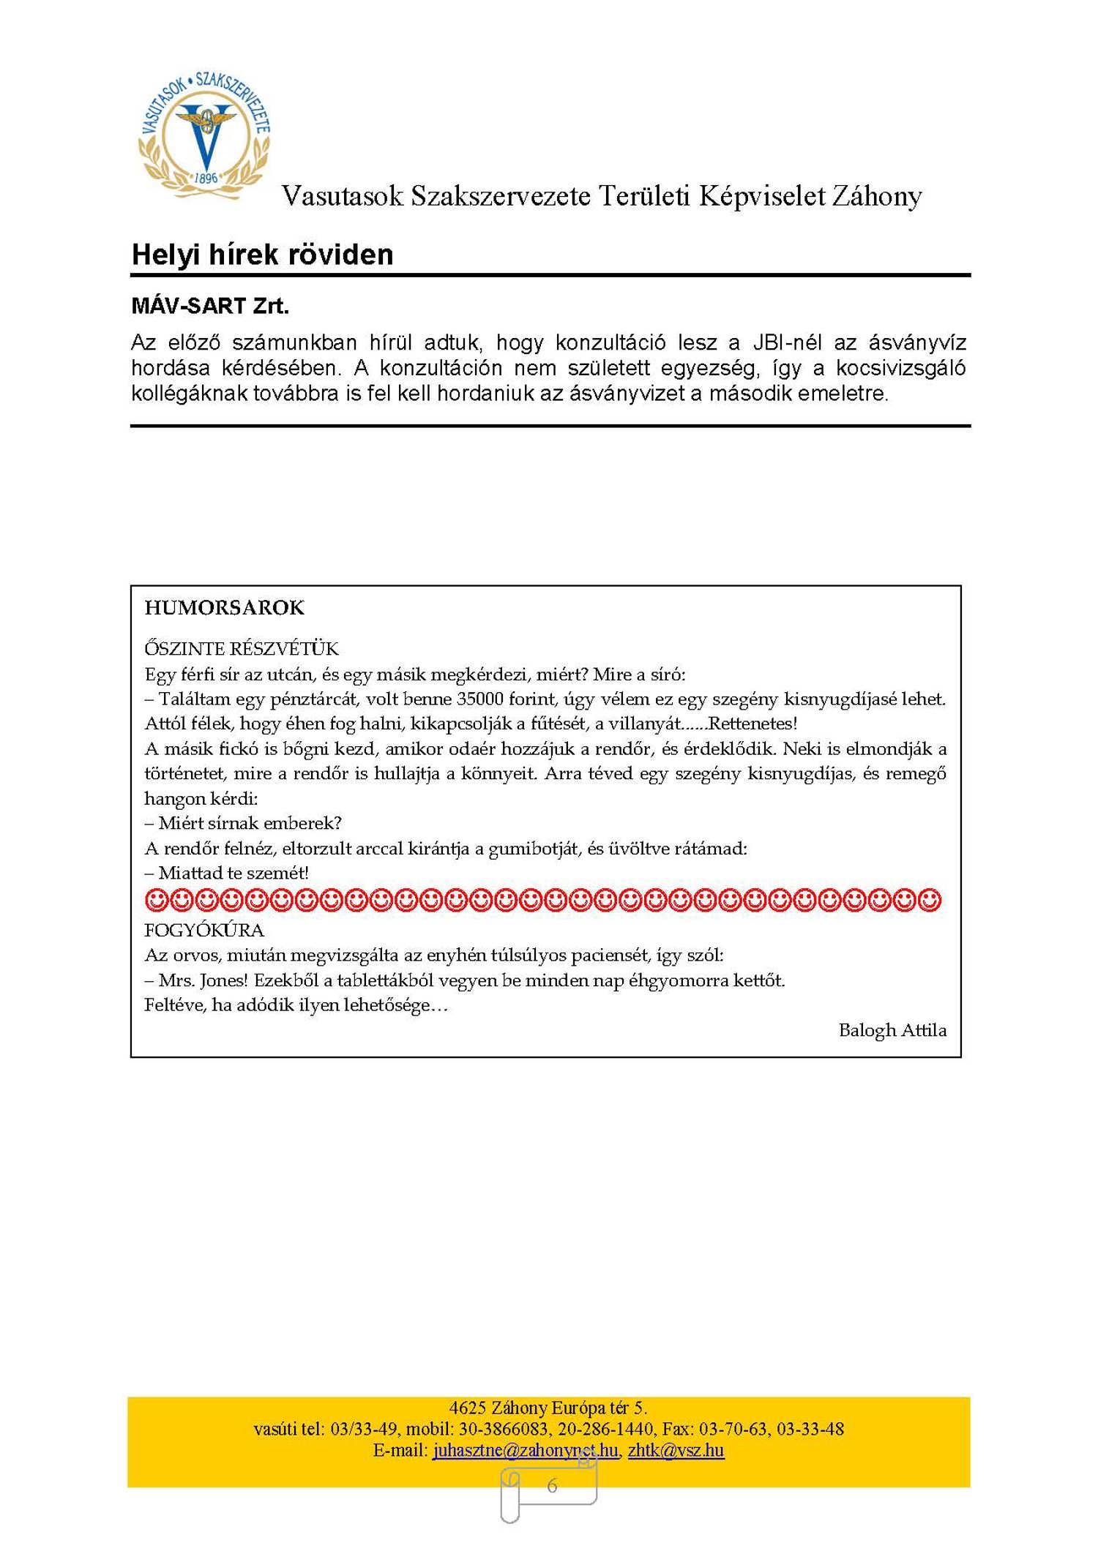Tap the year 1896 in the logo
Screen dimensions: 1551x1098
pos(206,178)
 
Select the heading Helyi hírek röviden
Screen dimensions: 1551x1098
pos(262,255)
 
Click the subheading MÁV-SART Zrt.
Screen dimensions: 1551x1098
pos(210,306)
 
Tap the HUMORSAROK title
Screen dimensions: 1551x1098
pos(224,608)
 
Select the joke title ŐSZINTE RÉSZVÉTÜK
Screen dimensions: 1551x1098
pos(242,649)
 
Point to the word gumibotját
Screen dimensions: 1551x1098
pos(534,849)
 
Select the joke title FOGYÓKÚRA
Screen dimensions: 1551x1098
pos(204,931)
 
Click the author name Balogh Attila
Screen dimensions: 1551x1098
pos(892,1030)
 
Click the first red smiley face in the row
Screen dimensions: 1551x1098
pos(156,900)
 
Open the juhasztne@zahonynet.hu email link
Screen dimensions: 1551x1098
pos(525,1450)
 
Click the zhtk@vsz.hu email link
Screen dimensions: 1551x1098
pos(676,1450)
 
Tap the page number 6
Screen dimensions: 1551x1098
pos(552,1486)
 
